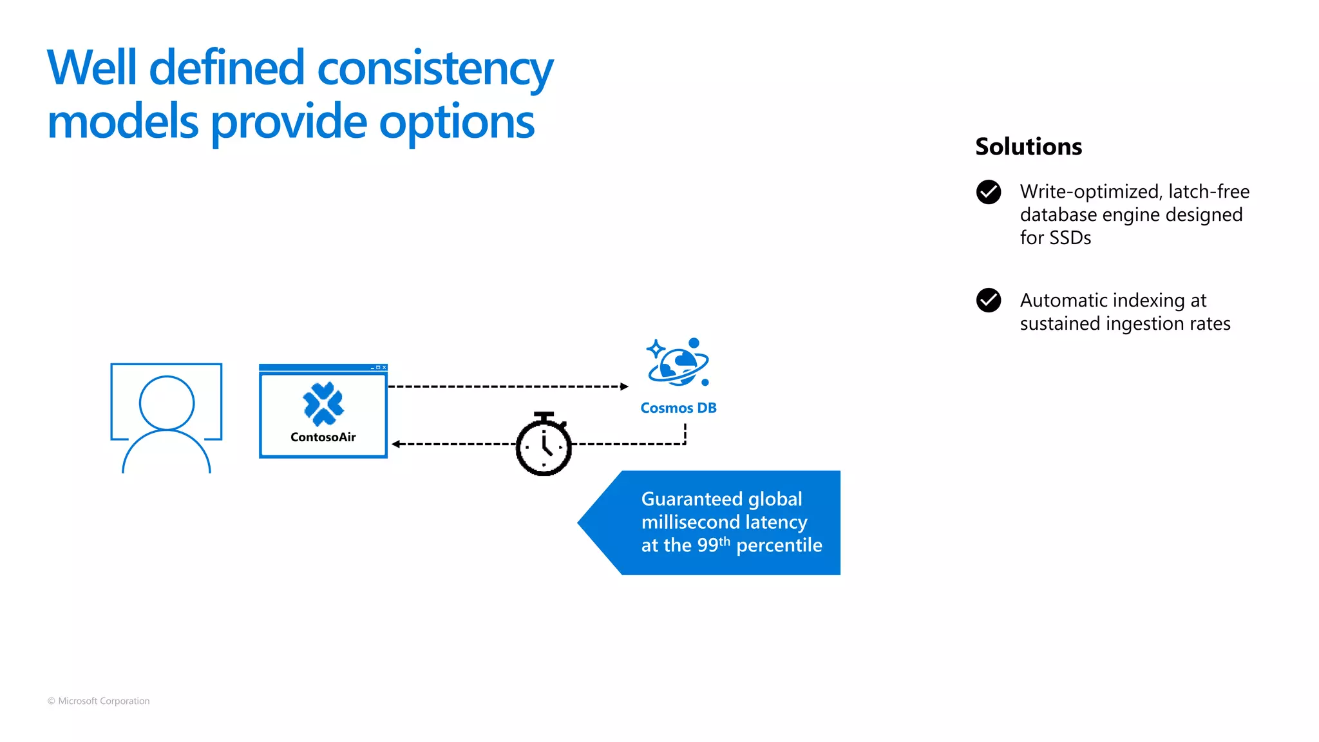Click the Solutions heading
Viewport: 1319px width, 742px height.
pos(1028,147)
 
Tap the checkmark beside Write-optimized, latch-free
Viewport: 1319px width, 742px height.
pos(988,192)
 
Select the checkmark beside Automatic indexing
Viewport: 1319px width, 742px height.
pos(988,300)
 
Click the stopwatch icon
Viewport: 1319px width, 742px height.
pos(544,445)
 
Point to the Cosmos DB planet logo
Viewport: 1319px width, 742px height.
pos(678,363)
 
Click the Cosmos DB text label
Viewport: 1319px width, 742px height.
pos(678,408)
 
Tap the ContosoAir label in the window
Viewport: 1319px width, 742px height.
pos(323,437)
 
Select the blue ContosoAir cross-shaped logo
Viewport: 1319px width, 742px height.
pos(323,404)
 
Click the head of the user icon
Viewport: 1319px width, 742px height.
pos(167,403)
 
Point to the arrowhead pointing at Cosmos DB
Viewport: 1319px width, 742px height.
pos(623,386)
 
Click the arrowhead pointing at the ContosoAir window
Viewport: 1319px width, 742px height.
pos(395,444)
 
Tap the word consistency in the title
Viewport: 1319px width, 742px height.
pos(435,68)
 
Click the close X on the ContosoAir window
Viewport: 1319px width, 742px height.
pos(384,368)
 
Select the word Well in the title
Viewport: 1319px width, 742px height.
pos(92,68)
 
